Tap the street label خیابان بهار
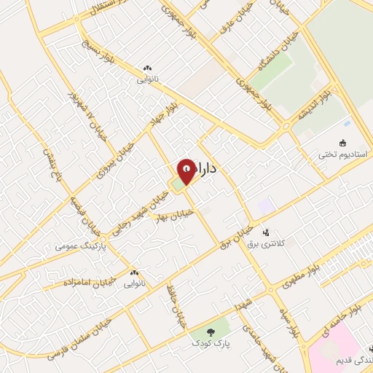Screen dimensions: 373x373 [x=178, y=213]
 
